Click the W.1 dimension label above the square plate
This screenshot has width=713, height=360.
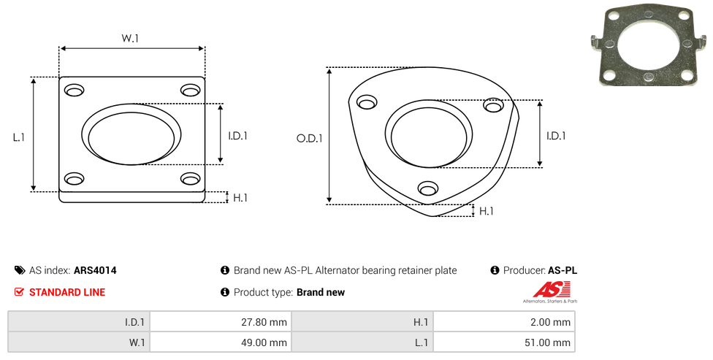(130, 38)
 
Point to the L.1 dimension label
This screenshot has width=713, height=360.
(19, 137)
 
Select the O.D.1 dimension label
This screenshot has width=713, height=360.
(310, 138)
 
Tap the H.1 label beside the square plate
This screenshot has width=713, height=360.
(240, 198)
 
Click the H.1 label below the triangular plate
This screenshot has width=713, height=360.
(486, 211)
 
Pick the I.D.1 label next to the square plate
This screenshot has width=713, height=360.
(238, 136)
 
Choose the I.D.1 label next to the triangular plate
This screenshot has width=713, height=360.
(556, 136)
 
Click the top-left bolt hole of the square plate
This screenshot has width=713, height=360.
(75, 91)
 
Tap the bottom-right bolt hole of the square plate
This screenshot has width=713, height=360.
(191, 179)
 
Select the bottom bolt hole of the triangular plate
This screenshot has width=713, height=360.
(428, 188)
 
